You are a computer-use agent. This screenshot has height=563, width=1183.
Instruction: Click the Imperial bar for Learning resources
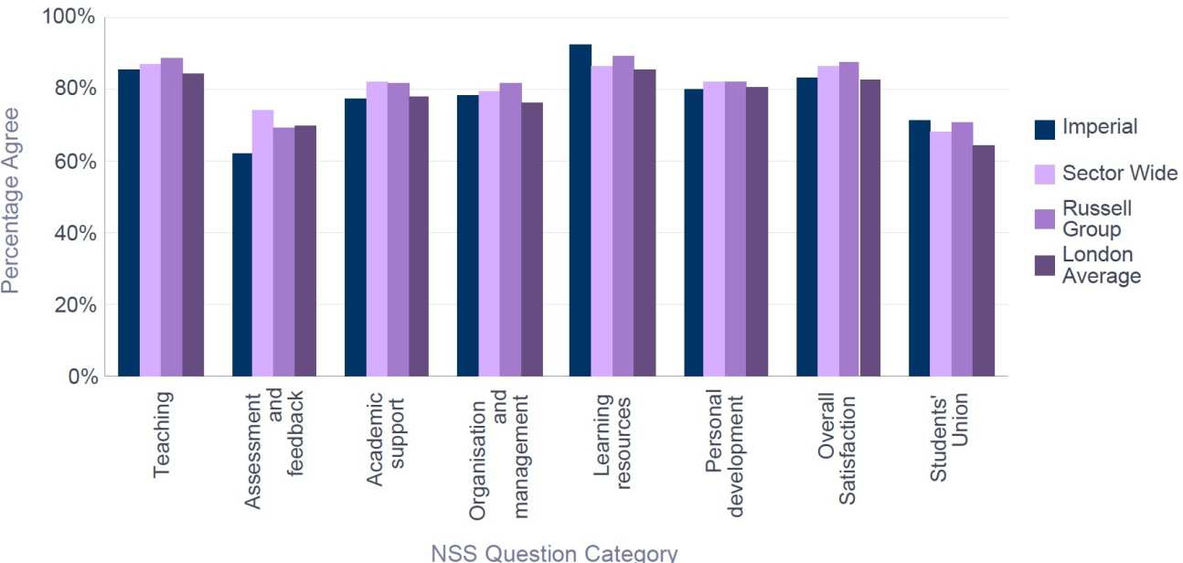click(x=580, y=210)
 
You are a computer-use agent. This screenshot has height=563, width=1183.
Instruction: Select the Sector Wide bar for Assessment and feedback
click(x=263, y=243)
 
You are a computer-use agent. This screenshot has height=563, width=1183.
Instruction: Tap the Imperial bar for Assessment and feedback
click(x=242, y=264)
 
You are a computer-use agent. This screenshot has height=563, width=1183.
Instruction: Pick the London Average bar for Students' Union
click(x=984, y=260)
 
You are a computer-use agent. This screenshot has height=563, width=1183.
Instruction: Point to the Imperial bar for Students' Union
click(x=920, y=248)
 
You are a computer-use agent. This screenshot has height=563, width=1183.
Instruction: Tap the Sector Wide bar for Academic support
click(x=377, y=228)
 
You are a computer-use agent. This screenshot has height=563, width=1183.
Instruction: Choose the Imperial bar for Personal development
click(x=693, y=232)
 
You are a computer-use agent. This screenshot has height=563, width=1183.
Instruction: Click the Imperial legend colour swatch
click(x=1045, y=129)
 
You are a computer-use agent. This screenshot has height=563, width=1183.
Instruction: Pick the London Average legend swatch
click(x=1045, y=265)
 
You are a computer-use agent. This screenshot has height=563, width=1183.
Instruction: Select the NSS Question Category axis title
click(x=555, y=552)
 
